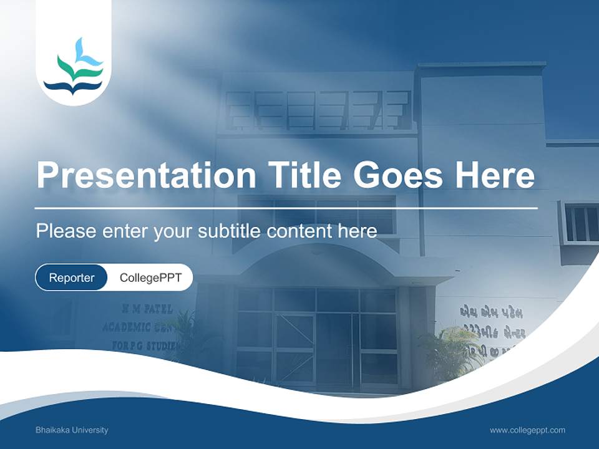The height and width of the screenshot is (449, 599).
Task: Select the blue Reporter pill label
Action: coord(72,278)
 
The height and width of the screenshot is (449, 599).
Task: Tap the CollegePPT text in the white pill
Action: coord(150,278)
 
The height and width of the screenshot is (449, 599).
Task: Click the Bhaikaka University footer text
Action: coord(72,430)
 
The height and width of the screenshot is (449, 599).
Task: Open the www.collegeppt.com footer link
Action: coord(527,430)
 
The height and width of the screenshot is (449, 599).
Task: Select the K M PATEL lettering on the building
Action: coord(147,310)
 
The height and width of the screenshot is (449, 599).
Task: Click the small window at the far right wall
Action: coord(580,223)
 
